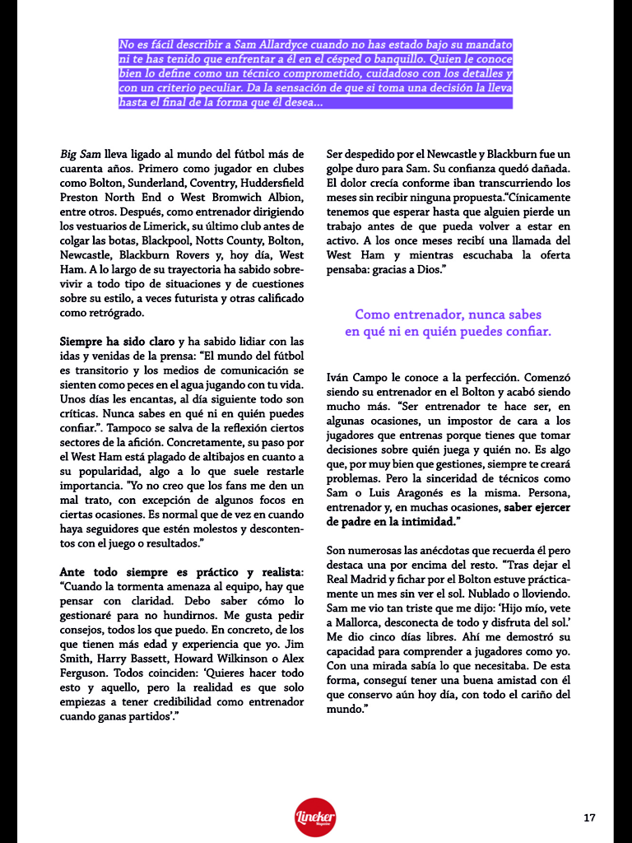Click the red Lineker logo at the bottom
pyautogui.click(x=315, y=817)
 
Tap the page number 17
pyautogui.click(x=588, y=817)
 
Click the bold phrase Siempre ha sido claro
pyautogui.click(x=117, y=342)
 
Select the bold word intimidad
pyautogui.click(x=416, y=521)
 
